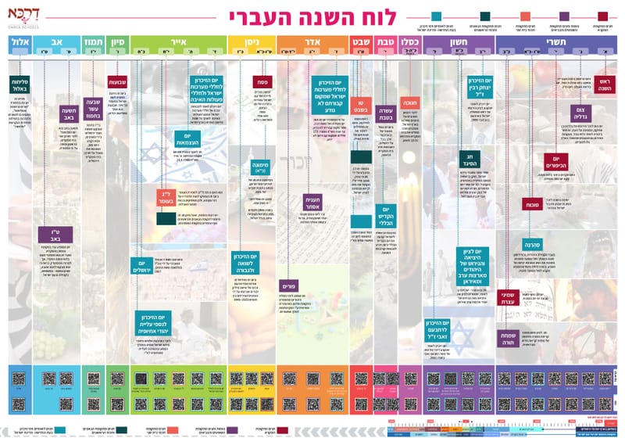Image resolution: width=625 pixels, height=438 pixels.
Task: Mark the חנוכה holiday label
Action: [411, 102]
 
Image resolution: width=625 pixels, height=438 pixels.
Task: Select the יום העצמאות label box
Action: [187, 141]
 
